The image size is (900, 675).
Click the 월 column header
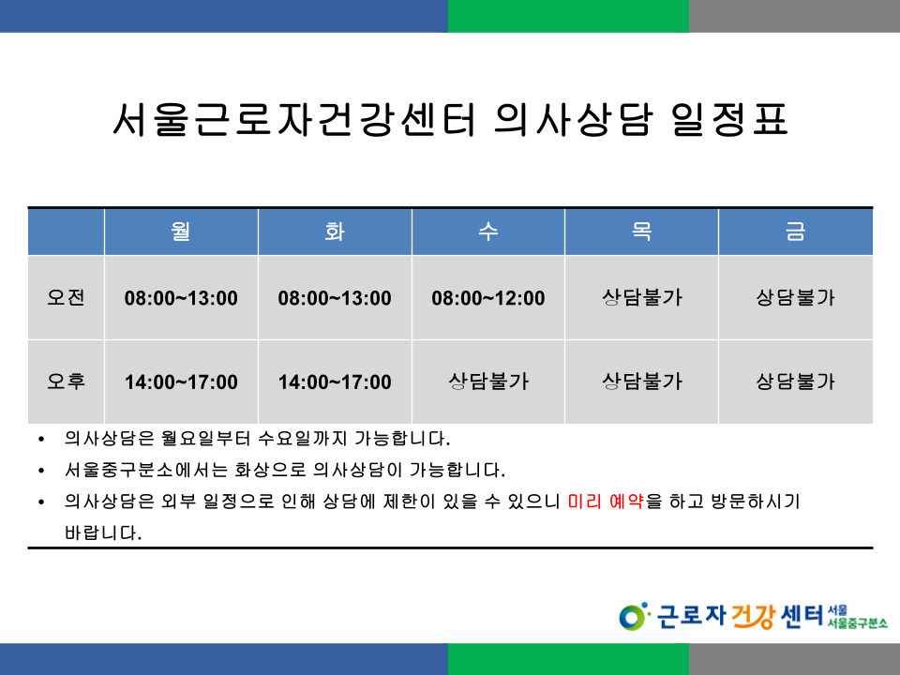coord(181,232)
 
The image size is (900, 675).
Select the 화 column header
coord(335,232)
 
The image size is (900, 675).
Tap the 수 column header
coord(488,232)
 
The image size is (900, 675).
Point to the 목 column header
coord(641,232)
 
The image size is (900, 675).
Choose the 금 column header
coord(796,232)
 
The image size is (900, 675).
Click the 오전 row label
coord(66,297)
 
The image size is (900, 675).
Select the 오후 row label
coord(66,382)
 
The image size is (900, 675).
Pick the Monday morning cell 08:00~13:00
coord(181,298)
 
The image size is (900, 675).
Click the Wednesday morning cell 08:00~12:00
coord(488,298)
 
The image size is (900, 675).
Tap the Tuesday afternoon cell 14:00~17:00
coord(335,382)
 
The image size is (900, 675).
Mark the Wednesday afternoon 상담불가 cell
coord(488,382)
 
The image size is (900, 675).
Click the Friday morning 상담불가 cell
coord(796,297)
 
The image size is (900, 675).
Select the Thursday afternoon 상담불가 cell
coord(641,382)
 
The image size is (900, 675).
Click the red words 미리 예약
coord(606,502)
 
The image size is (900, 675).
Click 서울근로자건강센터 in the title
coord(294,119)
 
